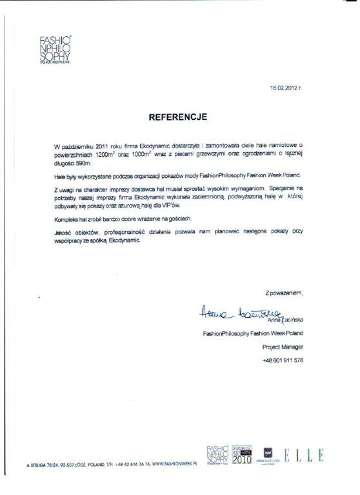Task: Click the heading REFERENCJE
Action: [x=177, y=118]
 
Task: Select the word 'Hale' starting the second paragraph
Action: [x=62, y=175]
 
